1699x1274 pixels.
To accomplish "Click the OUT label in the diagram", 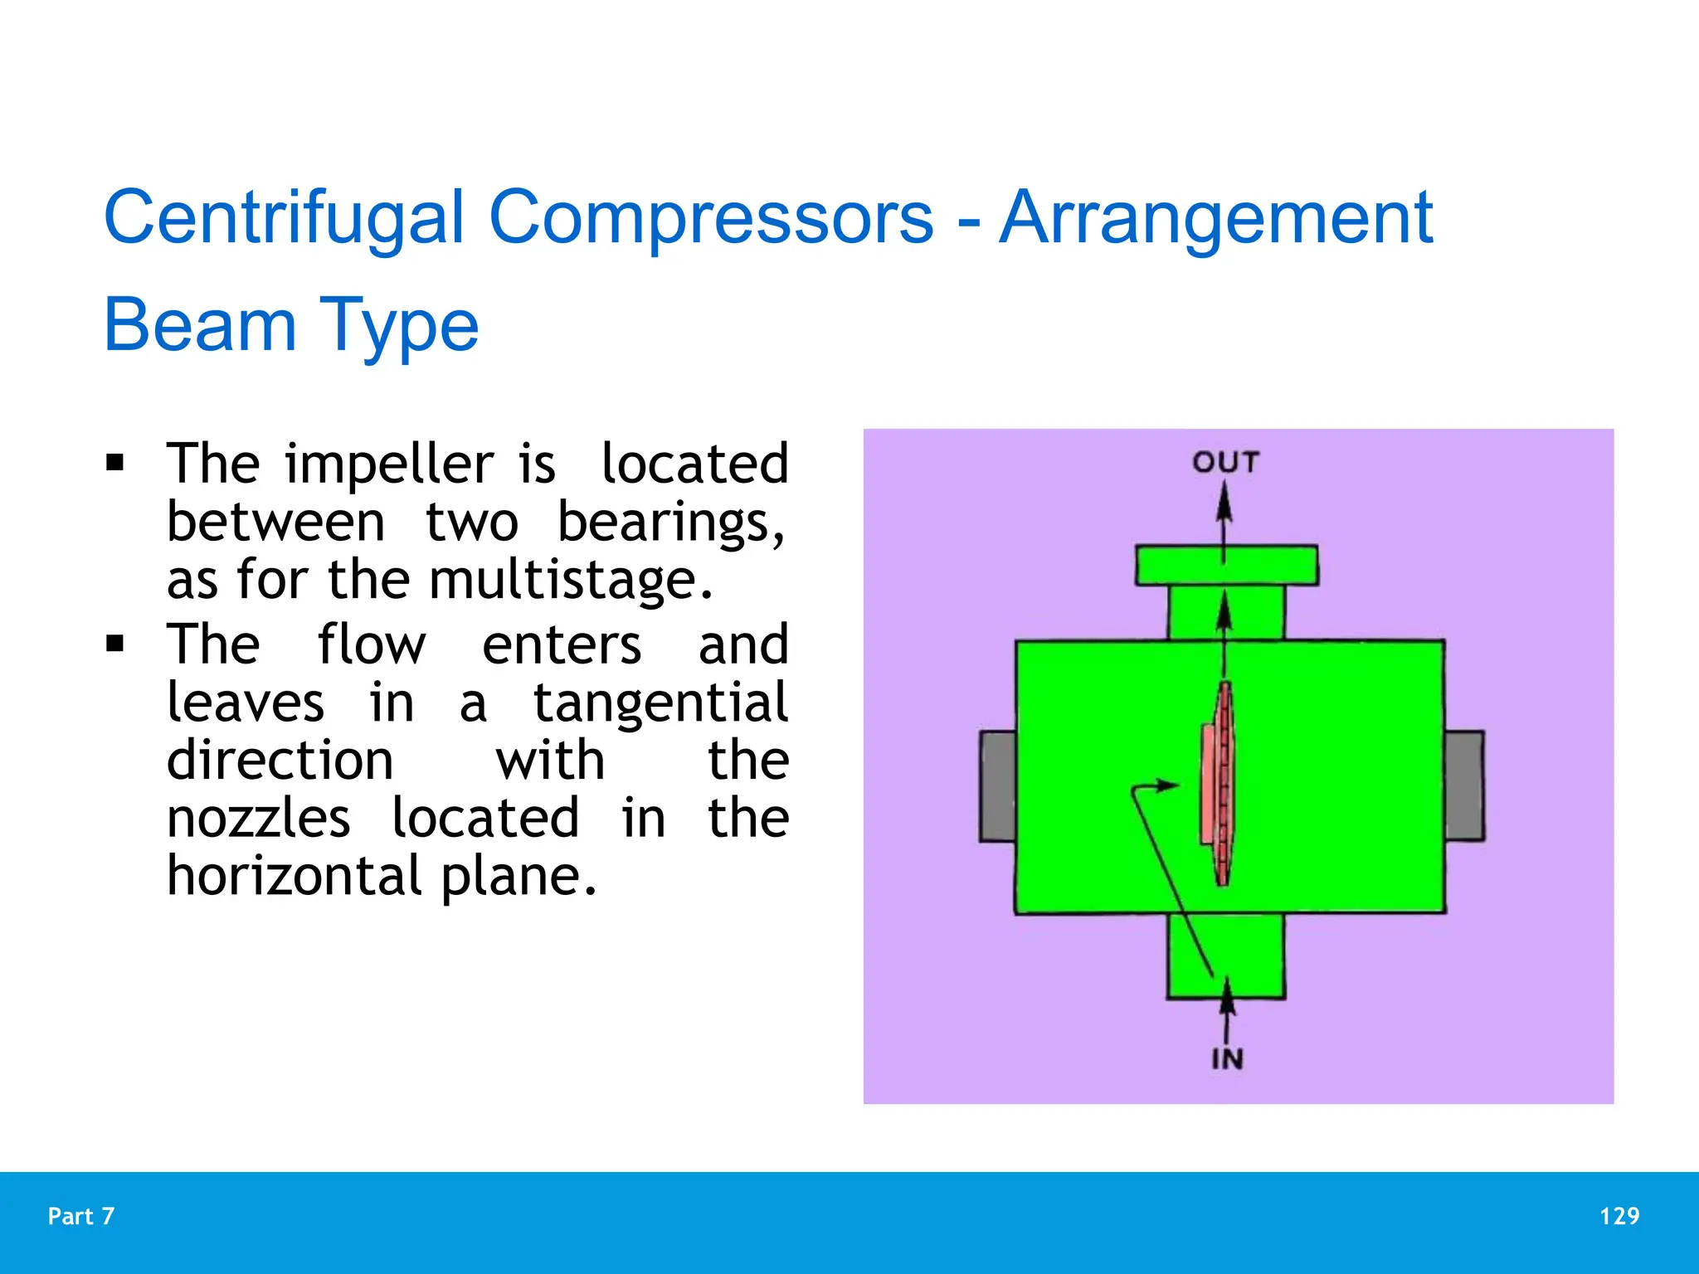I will click(1225, 462).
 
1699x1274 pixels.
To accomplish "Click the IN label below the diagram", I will click(1227, 1059).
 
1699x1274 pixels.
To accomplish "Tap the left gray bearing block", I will click(998, 785).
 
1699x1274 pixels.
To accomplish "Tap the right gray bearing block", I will click(1464, 785).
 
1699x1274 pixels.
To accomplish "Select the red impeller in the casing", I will click(1218, 784).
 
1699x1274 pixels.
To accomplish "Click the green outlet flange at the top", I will click(1226, 566).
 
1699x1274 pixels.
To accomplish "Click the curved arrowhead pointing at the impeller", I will click(1168, 785).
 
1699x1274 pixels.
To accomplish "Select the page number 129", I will click(1619, 1216).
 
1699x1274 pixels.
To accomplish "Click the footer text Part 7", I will click(81, 1216).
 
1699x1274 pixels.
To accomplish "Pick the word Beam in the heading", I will click(199, 325).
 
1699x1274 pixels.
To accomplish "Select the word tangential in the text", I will click(660, 703).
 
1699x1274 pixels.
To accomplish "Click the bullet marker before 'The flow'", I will click(115, 643).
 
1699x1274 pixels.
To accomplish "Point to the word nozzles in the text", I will click(258, 819).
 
